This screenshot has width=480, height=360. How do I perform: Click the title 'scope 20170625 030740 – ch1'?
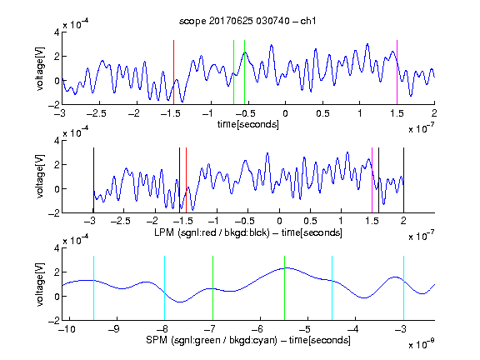(x=247, y=21)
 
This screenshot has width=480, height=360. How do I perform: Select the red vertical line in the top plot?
(x=174, y=72)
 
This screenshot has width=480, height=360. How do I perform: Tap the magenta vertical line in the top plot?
(x=397, y=72)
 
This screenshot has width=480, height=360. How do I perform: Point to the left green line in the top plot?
(x=234, y=72)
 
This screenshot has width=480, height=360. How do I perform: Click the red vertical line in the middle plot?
(x=186, y=180)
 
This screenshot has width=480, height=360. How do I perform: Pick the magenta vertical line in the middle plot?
(x=372, y=180)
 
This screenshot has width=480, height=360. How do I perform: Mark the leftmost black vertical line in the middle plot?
(x=93, y=180)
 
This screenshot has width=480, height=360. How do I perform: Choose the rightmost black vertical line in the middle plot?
(x=404, y=180)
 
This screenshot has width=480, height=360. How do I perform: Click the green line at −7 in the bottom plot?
(x=212, y=288)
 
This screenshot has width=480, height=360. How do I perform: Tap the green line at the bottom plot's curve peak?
(x=285, y=288)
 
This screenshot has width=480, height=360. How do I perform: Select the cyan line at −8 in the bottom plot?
(x=165, y=288)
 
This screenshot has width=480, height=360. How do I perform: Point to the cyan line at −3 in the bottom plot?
(x=404, y=288)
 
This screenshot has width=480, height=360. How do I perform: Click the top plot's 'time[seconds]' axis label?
(x=248, y=124)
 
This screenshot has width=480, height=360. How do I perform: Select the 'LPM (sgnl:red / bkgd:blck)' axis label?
(x=212, y=232)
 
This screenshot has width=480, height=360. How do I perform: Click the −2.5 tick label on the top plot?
(x=96, y=113)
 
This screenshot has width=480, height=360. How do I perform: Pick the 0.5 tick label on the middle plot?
(x=310, y=221)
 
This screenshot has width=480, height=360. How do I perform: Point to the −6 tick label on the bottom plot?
(x=260, y=329)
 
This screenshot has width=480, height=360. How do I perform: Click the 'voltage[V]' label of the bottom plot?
(x=40, y=284)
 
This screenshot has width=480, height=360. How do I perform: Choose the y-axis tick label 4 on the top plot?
(x=57, y=32)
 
